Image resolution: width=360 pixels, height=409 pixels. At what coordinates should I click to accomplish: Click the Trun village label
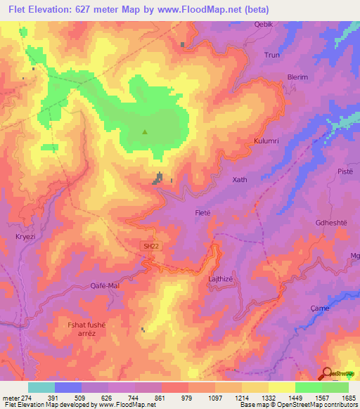271,54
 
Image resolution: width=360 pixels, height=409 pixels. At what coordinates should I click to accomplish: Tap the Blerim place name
297,77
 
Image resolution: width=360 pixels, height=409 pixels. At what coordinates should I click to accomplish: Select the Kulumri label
266,141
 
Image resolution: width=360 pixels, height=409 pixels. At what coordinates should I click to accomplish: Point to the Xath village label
240,180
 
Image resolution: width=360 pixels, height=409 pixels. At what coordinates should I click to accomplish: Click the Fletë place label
203,212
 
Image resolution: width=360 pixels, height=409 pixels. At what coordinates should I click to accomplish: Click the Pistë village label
343,172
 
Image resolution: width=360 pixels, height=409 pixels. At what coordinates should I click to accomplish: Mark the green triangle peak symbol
146,131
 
